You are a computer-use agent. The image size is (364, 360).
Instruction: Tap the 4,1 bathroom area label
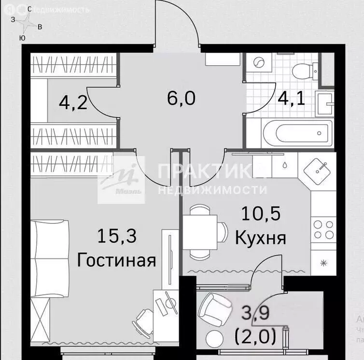tap(291, 98)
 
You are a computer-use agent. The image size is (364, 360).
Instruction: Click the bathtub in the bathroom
tap(297, 131)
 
